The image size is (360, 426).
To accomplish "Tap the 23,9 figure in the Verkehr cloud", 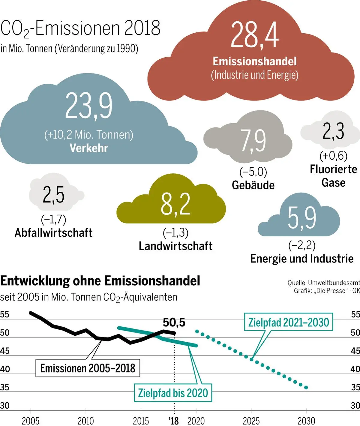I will [89, 106].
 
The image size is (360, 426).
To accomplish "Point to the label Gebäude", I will [253, 185].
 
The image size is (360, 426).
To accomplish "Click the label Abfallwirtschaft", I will [54, 233].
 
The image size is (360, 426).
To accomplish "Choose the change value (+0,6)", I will [333, 156].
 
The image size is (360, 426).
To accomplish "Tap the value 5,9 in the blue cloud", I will [301, 217].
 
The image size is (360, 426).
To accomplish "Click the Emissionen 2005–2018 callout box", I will [88, 368].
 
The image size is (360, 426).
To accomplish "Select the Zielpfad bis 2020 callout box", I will [173, 393].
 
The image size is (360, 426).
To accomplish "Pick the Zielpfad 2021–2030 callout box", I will [289, 322].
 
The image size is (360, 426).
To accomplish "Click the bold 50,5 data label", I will [174, 322].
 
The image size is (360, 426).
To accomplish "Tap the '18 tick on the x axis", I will [174, 421].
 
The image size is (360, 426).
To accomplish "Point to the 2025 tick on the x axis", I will [251, 421].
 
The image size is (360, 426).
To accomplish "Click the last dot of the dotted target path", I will [306, 388].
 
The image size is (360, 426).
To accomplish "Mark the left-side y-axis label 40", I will [5, 369].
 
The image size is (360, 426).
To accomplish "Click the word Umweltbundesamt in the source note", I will [334, 283].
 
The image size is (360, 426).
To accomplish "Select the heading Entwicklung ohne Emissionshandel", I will [100, 281].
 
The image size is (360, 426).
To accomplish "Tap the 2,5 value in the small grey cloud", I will [53, 195].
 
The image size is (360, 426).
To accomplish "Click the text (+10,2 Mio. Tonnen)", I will [89, 135].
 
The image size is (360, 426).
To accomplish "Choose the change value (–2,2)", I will [301, 245].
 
